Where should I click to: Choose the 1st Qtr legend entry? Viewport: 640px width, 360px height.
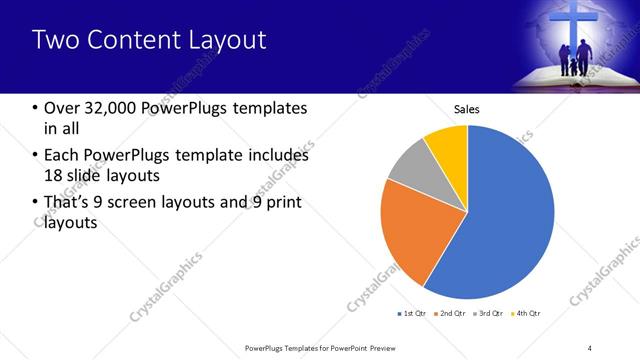pos(413,314)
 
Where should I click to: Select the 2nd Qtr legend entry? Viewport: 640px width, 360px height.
pos(451,314)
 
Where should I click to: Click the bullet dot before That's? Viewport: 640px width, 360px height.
pos(36,204)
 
